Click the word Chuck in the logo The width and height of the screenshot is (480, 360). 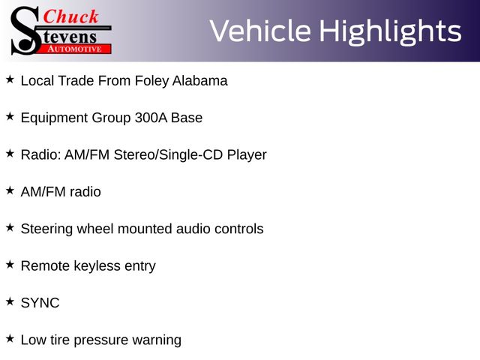click(x=70, y=16)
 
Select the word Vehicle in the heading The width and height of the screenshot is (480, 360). click(x=260, y=31)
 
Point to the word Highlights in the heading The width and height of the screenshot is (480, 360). click(x=390, y=31)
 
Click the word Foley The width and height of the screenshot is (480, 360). click(x=151, y=81)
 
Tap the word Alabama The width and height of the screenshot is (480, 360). click(x=200, y=81)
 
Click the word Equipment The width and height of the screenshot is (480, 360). click(x=54, y=118)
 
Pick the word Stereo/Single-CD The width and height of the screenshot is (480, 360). click(x=168, y=155)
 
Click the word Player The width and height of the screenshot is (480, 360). click(x=247, y=155)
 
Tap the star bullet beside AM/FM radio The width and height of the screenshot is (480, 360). click(x=10, y=190)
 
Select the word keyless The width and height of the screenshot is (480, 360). click(x=97, y=266)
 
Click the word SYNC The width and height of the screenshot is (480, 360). click(x=40, y=303)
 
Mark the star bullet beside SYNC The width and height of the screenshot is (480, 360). click(x=10, y=301)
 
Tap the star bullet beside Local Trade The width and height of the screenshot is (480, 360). click(x=10, y=79)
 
